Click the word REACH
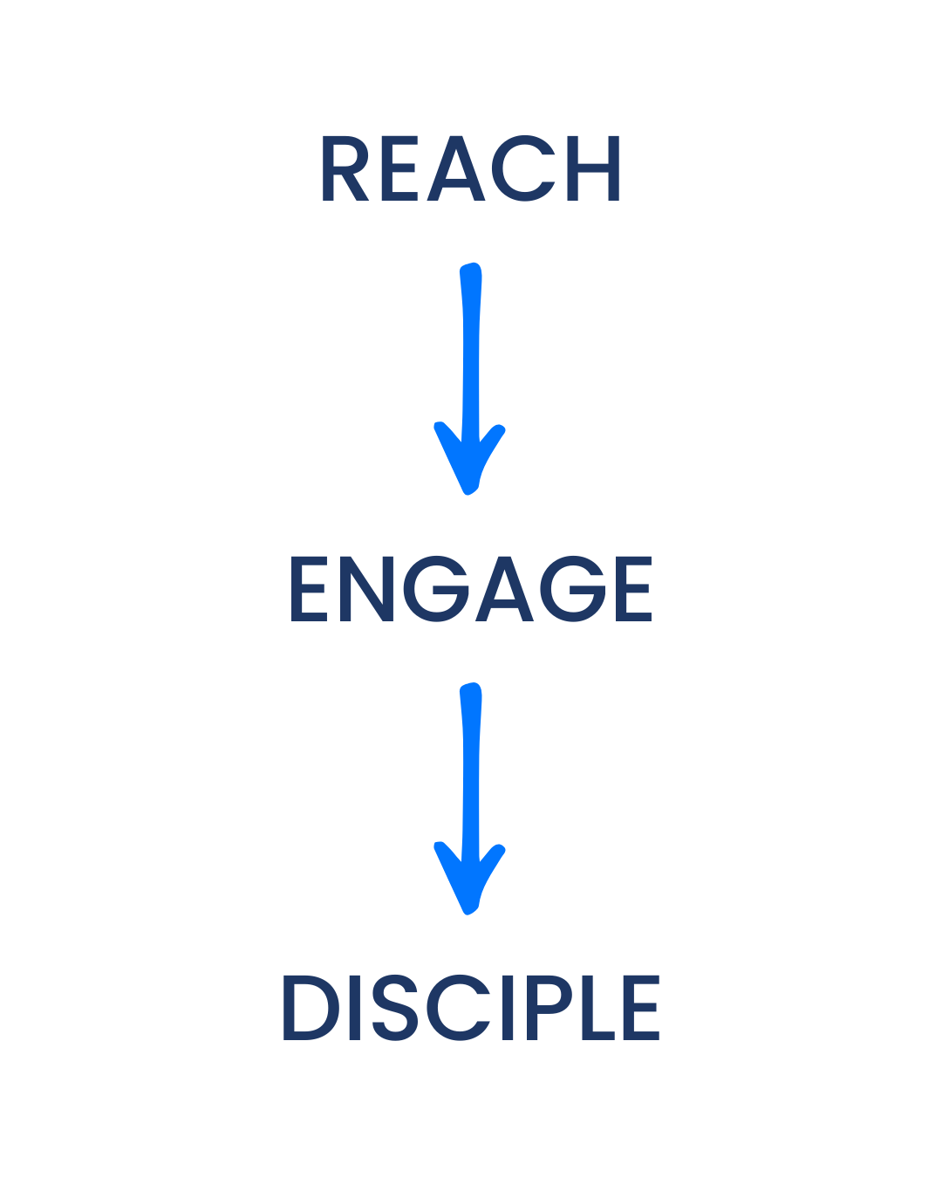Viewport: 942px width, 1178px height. [471, 168]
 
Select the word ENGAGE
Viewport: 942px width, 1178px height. [471, 589]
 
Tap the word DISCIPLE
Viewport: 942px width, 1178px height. [471, 1008]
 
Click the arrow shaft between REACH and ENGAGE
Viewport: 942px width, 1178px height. [471, 349]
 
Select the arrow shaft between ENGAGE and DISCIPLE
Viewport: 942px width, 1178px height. [471, 768]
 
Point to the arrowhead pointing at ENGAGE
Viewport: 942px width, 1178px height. [469, 462]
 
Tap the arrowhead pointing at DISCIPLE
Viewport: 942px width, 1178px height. [469, 881]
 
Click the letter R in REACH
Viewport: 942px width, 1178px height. [345, 168]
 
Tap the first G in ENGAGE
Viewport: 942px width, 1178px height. [440, 589]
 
